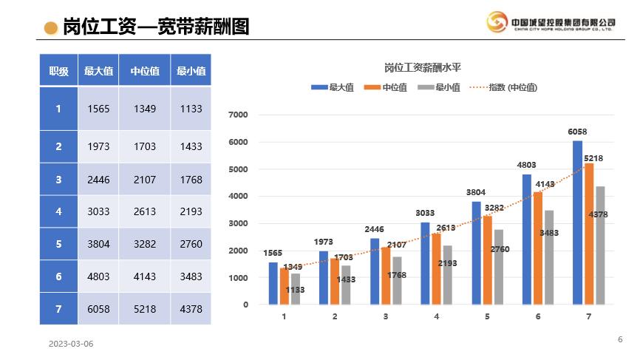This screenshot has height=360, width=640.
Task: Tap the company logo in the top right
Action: tap(551, 22)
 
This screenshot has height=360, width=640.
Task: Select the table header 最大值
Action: tap(98, 71)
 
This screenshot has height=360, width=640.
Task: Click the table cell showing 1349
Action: tap(145, 109)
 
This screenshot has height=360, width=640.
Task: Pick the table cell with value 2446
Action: tap(98, 179)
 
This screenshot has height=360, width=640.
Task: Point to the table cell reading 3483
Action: tap(191, 276)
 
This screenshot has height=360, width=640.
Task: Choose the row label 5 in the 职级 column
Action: tap(58, 244)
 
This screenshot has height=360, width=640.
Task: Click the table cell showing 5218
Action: tap(145, 309)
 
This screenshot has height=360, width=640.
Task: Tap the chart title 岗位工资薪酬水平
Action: tap(422, 67)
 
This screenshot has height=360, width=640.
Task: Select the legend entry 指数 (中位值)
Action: tap(505, 87)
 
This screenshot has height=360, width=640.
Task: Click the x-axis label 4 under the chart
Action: tap(436, 316)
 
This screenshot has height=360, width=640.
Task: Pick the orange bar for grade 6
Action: tap(537, 248)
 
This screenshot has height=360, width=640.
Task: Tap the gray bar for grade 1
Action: tap(296, 289)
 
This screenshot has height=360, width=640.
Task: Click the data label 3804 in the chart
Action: tap(475, 192)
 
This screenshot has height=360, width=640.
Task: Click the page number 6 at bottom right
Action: tap(619, 339)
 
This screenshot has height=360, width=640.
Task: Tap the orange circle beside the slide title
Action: tap(50, 28)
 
